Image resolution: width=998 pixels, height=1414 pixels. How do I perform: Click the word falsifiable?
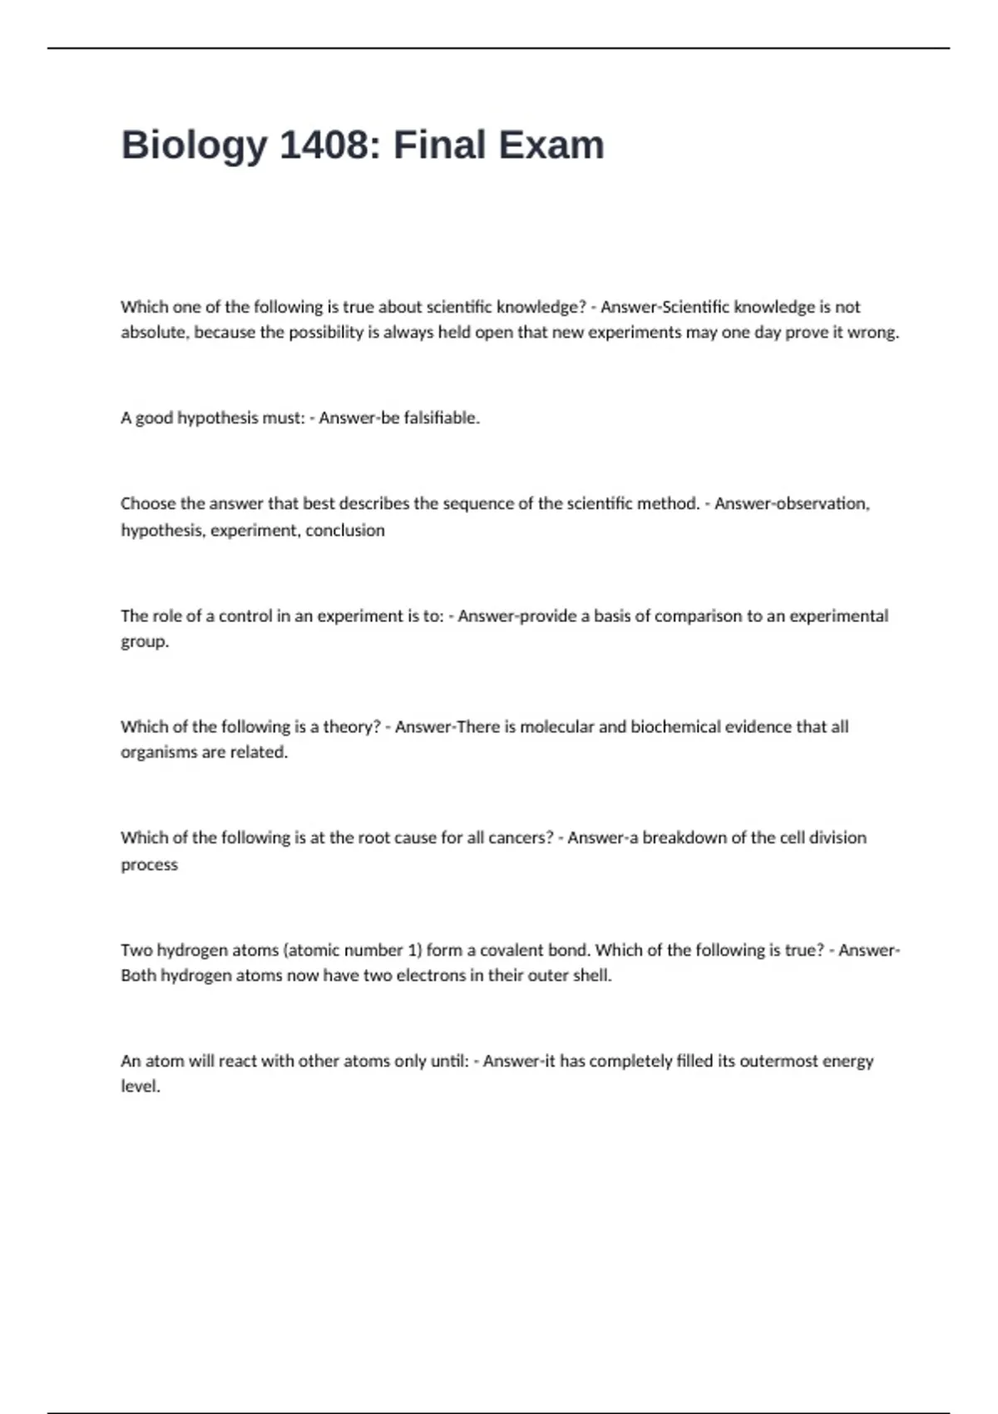[x=441, y=418]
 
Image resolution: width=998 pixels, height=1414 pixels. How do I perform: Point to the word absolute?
[x=156, y=333]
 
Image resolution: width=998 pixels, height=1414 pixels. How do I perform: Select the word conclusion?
[x=345, y=531]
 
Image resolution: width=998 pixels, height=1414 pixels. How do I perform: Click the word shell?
[x=591, y=976]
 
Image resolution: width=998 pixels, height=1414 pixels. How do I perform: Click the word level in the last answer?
[x=140, y=1086]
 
